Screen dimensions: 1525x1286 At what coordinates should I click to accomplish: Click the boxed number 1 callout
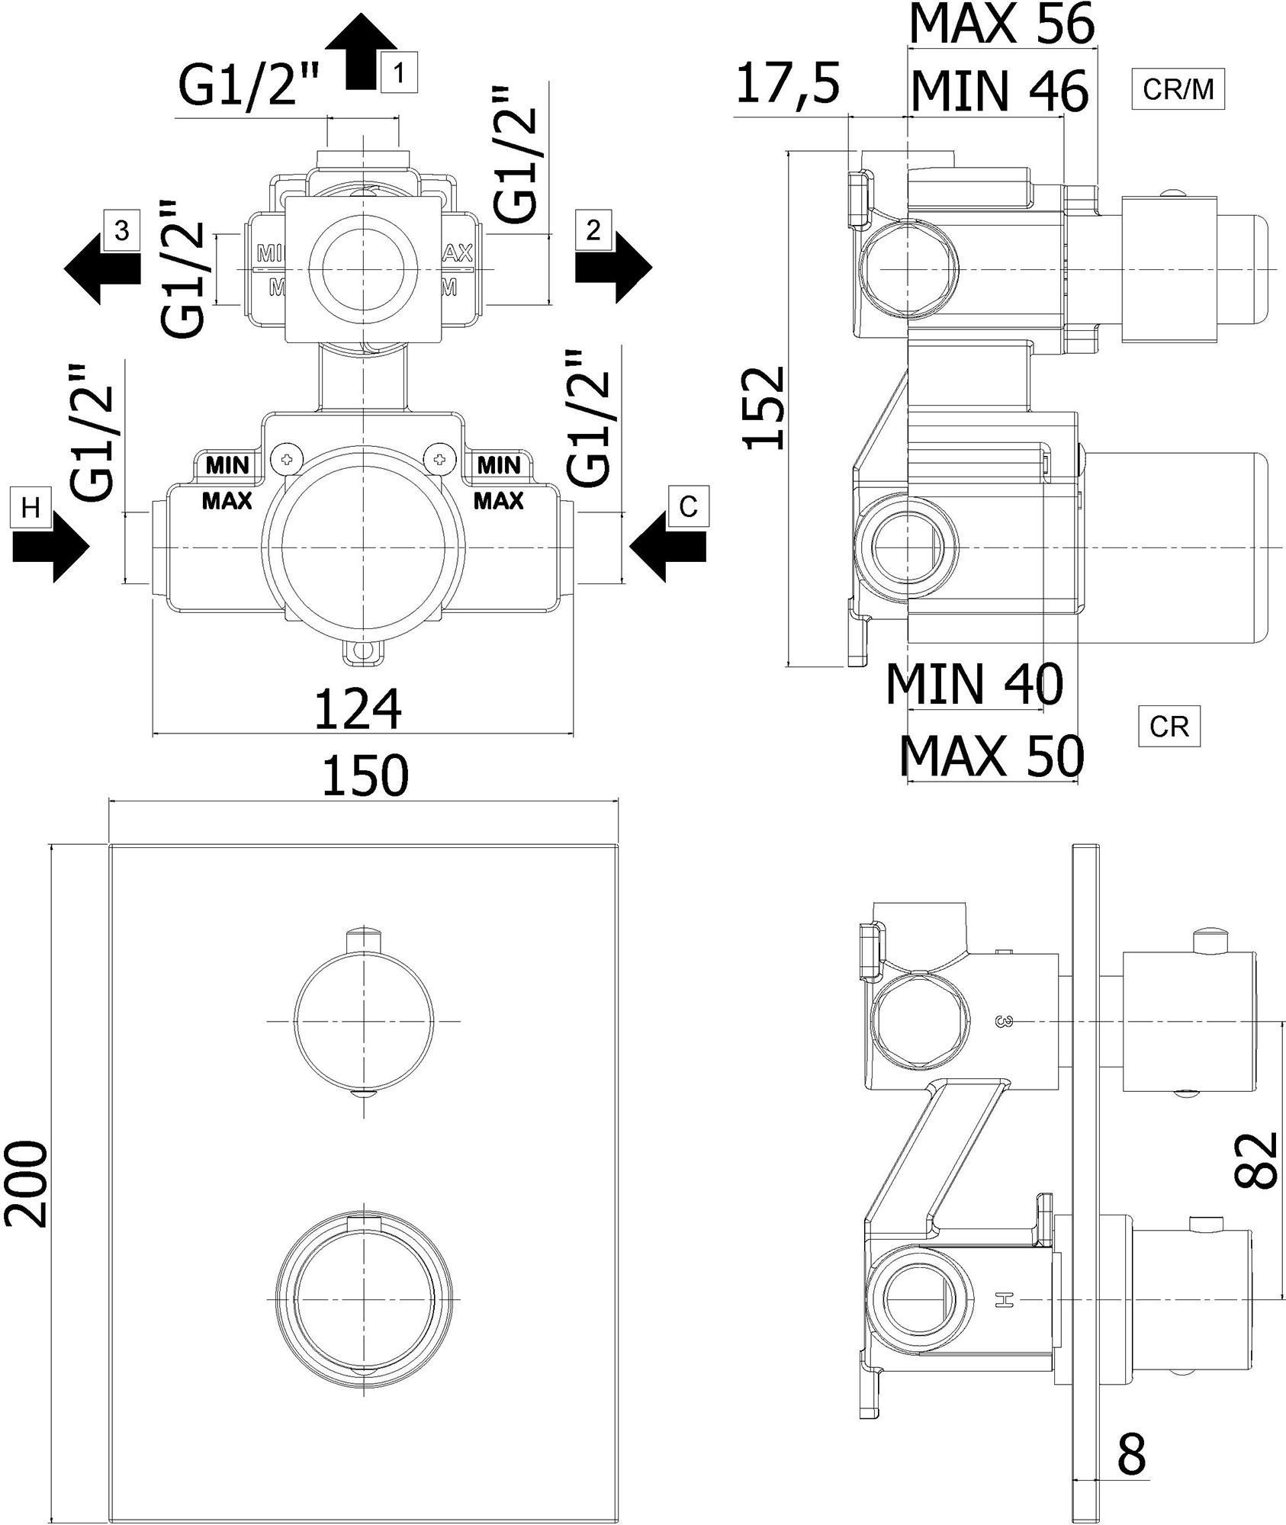coord(399,73)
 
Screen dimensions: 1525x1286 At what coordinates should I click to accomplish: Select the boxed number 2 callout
coord(594,230)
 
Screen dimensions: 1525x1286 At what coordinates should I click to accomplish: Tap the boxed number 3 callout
coord(121,230)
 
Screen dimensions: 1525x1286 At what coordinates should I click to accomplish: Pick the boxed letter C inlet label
coord(688,506)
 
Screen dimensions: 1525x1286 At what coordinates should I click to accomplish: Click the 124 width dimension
coord(358,710)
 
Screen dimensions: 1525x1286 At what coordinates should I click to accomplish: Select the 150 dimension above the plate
coord(366,775)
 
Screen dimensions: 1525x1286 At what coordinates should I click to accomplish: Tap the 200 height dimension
coord(28,1184)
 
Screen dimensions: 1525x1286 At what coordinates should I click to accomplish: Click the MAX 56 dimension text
coord(1001,24)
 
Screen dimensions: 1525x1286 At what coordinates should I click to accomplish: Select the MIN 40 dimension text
coord(974,683)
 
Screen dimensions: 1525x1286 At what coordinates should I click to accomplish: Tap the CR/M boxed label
coord(1178,90)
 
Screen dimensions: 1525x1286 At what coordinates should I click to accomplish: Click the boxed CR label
coord(1169,727)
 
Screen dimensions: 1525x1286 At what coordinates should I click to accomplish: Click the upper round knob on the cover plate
coord(363,1021)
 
